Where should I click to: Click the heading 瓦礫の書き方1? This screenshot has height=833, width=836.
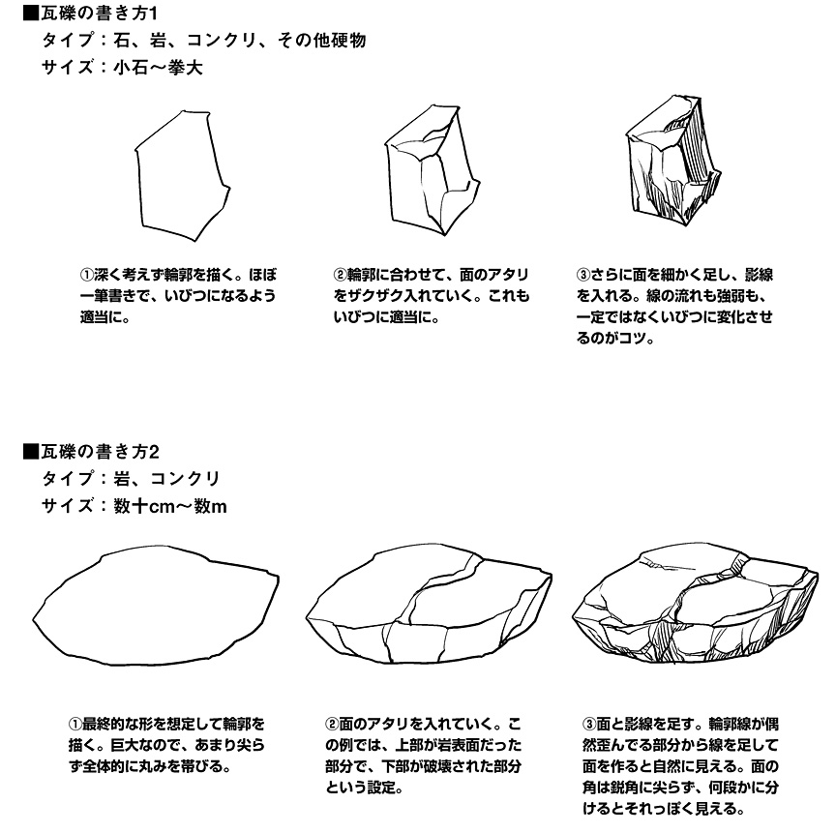pos(99,14)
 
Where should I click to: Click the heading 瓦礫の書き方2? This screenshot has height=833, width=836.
pos(100,452)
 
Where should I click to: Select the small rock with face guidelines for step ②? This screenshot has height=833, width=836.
pos(433,170)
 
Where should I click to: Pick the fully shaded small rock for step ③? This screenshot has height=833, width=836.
pos(673,160)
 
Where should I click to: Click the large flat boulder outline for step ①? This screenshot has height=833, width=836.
pos(156,605)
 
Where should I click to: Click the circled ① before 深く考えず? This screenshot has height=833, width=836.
pos(87,275)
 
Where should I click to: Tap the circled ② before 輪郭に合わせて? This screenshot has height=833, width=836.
pos(341,275)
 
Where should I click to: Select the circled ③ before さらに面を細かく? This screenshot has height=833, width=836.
pos(583,275)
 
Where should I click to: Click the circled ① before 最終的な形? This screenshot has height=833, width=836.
pos(75,725)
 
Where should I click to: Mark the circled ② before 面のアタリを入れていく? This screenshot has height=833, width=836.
pos(332,725)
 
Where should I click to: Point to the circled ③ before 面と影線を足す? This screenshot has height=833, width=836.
pos(589,725)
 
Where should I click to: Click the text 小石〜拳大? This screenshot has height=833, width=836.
pos(158,68)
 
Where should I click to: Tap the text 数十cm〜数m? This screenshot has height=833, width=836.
pos(170,506)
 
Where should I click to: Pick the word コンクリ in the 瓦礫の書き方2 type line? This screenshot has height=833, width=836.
pos(186,479)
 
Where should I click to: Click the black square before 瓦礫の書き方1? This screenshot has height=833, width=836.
pos(31,14)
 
